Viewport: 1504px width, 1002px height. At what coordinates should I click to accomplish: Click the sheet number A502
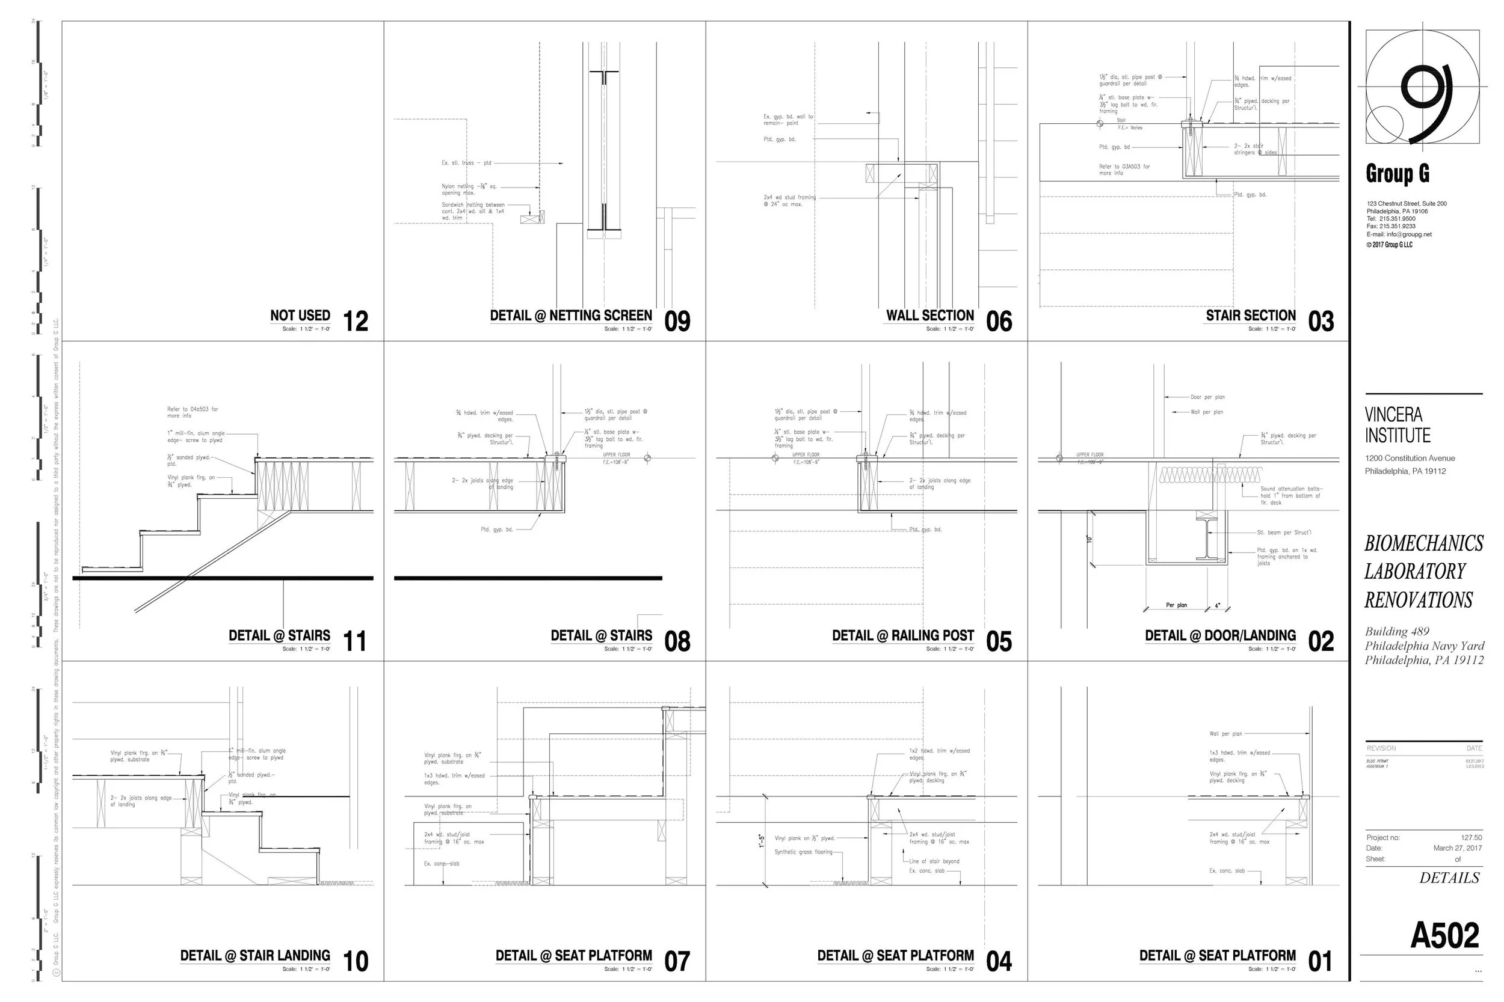pos(1444,936)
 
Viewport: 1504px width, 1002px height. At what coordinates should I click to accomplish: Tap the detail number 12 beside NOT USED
pos(356,322)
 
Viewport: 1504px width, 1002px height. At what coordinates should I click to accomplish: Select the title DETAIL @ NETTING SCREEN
pos(570,316)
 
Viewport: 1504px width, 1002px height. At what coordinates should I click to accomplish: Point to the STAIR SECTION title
pos(1250,316)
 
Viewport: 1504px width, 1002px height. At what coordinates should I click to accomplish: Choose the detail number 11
pos(355,641)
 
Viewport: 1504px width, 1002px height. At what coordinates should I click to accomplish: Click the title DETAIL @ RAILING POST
pos(902,636)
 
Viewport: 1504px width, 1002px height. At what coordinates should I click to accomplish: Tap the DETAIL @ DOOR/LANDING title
pos(1220,636)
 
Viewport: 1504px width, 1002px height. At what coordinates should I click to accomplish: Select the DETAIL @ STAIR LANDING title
pos(254,956)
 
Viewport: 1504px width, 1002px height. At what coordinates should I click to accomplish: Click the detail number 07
pos(677,962)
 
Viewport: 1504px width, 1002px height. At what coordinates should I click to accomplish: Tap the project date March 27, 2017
pos(1457,848)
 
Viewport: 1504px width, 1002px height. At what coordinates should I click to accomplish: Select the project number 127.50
pos(1471,837)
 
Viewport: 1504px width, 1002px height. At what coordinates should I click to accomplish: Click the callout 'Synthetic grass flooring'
pos(803,852)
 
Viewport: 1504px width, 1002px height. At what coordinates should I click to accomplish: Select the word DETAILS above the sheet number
pos(1449,878)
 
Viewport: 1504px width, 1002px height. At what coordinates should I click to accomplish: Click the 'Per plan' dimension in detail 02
pos(1176,605)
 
